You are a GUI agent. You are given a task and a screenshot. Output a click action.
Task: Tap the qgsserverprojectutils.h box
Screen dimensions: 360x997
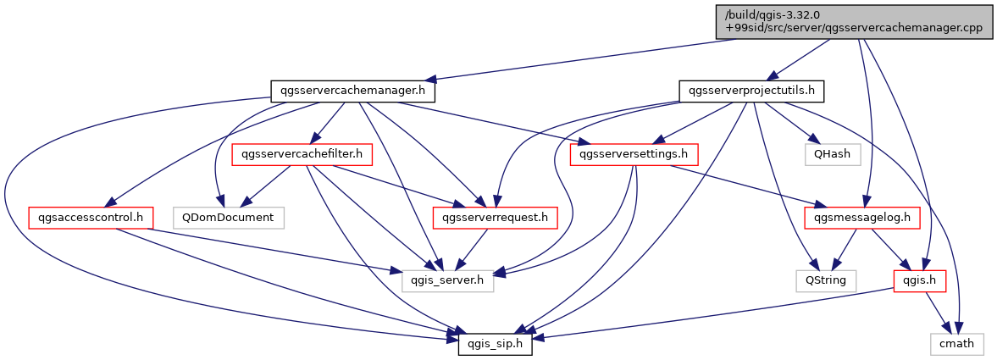(x=751, y=90)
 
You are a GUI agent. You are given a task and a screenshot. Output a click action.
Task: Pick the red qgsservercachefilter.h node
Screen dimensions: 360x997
(x=302, y=154)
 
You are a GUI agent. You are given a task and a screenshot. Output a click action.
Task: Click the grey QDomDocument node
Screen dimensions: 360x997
(x=228, y=218)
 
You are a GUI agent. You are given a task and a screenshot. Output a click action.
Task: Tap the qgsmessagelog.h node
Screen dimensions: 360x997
(x=862, y=218)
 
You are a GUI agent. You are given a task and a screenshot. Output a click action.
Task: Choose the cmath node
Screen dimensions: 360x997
(x=957, y=344)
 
